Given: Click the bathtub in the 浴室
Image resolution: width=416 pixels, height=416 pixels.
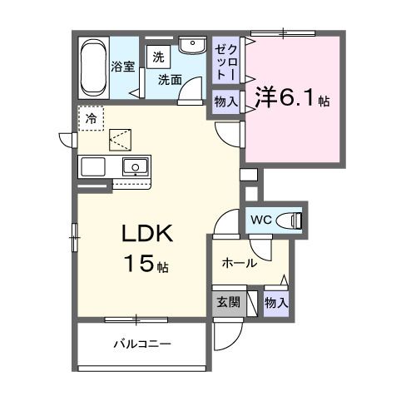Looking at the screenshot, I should [94, 67].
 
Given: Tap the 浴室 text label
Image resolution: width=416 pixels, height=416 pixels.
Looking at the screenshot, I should [122, 67].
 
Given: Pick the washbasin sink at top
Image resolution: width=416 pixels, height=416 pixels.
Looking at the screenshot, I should [192, 47].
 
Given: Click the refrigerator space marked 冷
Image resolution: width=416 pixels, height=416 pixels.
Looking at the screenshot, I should [91, 118].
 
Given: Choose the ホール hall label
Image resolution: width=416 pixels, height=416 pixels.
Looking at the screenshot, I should [239, 264].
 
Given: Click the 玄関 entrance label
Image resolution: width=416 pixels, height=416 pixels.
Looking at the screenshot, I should [229, 303].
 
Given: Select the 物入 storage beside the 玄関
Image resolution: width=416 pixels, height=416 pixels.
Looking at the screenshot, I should [275, 303].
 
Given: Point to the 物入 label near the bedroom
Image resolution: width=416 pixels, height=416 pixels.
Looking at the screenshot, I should [225, 102].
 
